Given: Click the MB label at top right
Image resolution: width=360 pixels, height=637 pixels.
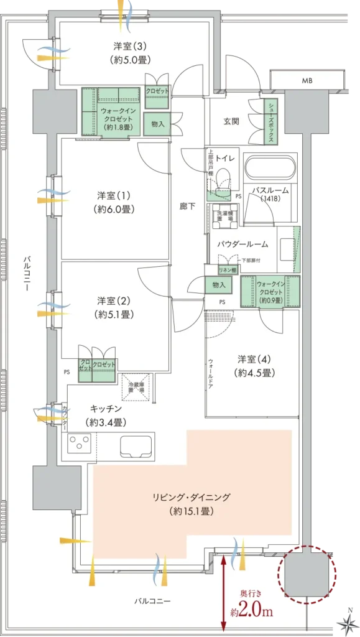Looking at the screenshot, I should click(307, 81).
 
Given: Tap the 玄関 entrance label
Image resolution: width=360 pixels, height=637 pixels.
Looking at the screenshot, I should click(231, 121).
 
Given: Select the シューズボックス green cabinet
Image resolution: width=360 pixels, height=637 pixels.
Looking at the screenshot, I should click(271, 123).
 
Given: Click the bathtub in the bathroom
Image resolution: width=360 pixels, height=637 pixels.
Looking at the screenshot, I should click(269, 168).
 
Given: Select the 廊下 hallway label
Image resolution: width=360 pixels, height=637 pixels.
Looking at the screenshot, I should click(187, 207).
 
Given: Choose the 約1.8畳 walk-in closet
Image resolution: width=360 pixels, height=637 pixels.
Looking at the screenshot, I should click(111, 109).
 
